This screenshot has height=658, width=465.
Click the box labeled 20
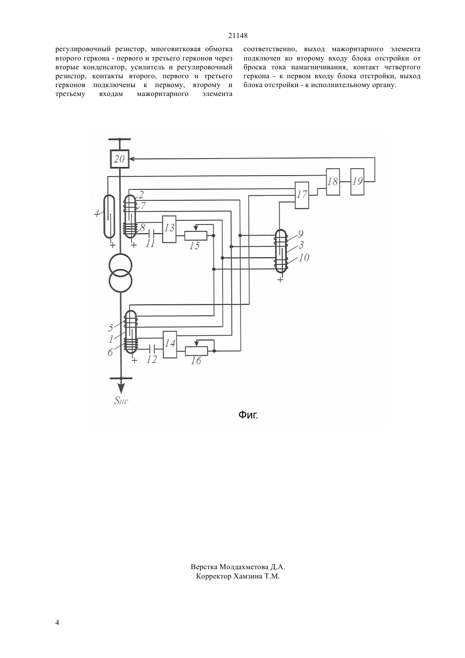pos(120,159)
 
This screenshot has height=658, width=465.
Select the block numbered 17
pos(302,195)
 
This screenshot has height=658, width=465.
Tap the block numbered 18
pos(333,182)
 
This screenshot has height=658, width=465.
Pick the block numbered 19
pos(357,182)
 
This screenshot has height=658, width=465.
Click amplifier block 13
pos(169,229)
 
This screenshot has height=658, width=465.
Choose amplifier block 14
pos(170,344)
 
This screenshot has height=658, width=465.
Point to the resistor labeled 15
pos(195,236)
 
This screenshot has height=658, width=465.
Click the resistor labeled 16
pos(197,351)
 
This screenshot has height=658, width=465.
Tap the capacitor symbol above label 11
pos(151,233)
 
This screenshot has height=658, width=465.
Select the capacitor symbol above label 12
pos(152,349)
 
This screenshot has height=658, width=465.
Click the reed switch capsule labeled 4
pos(109,217)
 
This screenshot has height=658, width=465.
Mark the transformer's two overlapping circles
pos(120,273)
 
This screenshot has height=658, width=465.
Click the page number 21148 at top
pos(238,36)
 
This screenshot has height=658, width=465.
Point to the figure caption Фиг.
pos(248,415)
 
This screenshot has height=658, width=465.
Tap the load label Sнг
pos(121,400)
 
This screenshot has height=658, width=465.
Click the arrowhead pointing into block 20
pos(132,159)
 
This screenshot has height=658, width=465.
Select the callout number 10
pos(304,258)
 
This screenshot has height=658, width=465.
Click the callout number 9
pos(300,234)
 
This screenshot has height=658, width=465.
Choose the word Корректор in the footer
pos(213,577)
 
